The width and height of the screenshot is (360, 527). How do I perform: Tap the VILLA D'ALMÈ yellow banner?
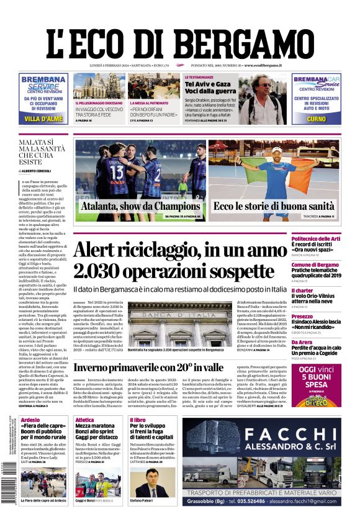[43, 119]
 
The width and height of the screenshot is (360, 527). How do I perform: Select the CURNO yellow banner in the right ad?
[316, 119]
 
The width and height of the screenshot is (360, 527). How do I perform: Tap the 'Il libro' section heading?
[138, 420]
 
